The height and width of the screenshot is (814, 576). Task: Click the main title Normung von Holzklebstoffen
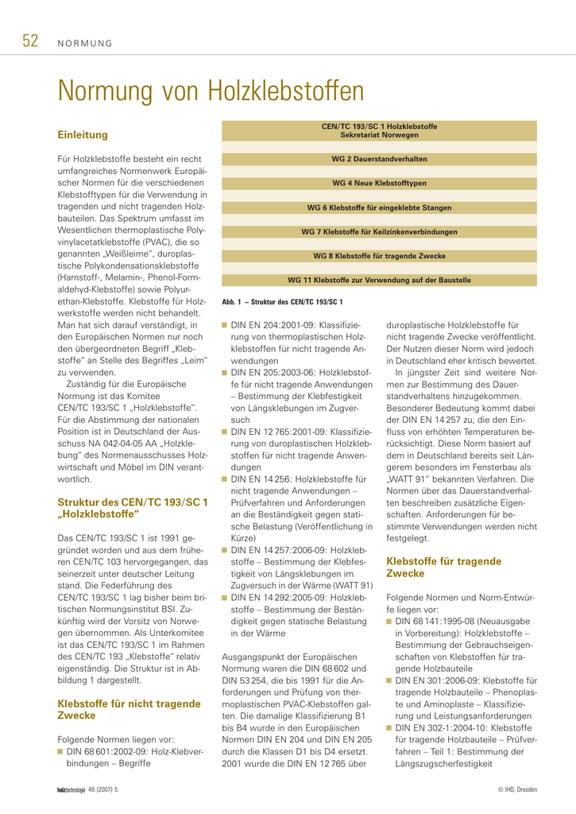(x=211, y=91)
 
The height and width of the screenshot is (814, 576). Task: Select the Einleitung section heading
(x=83, y=135)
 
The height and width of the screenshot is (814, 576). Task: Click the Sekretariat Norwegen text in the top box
(x=379, y=135)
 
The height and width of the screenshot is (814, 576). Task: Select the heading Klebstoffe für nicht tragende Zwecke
(x=130, y=709)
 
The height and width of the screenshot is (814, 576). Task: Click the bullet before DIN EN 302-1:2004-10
(x=389, y=728)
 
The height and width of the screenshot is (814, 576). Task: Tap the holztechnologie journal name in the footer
(x=71, y=789)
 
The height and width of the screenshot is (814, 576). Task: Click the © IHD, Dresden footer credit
(x=517, y=789)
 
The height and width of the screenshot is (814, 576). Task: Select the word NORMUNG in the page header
(x=85, y=44)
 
